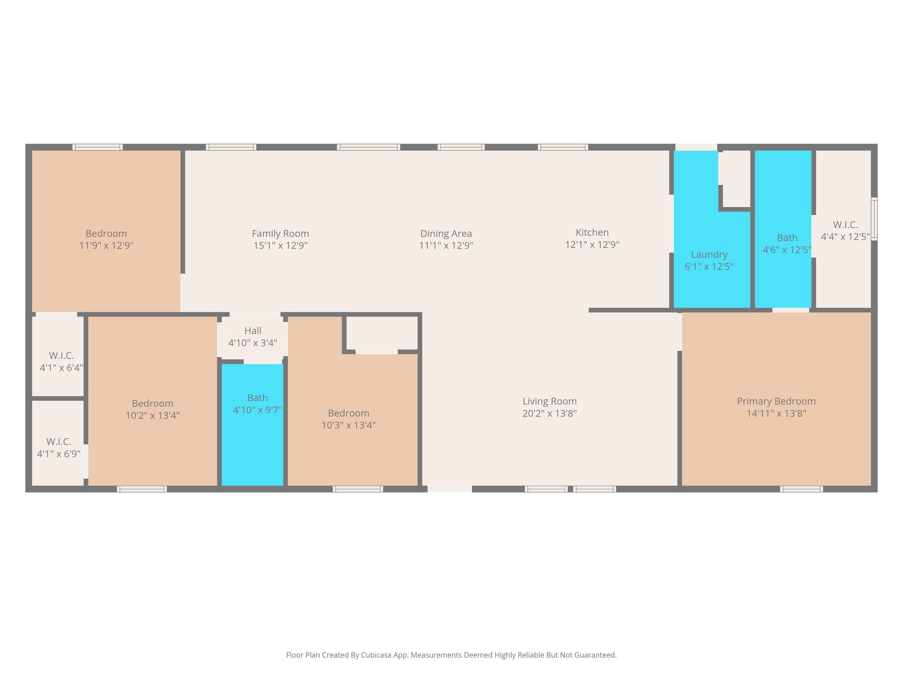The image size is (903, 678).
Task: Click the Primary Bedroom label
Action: tap(776, 401)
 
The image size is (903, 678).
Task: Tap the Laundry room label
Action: tap(709, 255)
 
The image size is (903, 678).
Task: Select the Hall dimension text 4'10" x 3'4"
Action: tap(253, 343)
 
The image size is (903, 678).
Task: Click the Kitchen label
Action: tap(592, 233)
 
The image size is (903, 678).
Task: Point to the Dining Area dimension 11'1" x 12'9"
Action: tap(446, 245)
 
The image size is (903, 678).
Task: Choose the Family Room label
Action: tap(280, 234)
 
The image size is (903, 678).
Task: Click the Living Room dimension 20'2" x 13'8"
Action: tap(549, 414)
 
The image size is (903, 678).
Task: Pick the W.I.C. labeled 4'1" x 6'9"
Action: tap(59, 448)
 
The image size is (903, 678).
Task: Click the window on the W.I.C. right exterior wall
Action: tap(874, 219)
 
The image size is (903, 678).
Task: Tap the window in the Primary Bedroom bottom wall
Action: tap(801, 489)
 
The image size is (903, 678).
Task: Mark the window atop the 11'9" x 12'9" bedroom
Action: tap(97, 147)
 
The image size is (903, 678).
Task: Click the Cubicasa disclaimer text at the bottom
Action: tap(451, 655)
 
